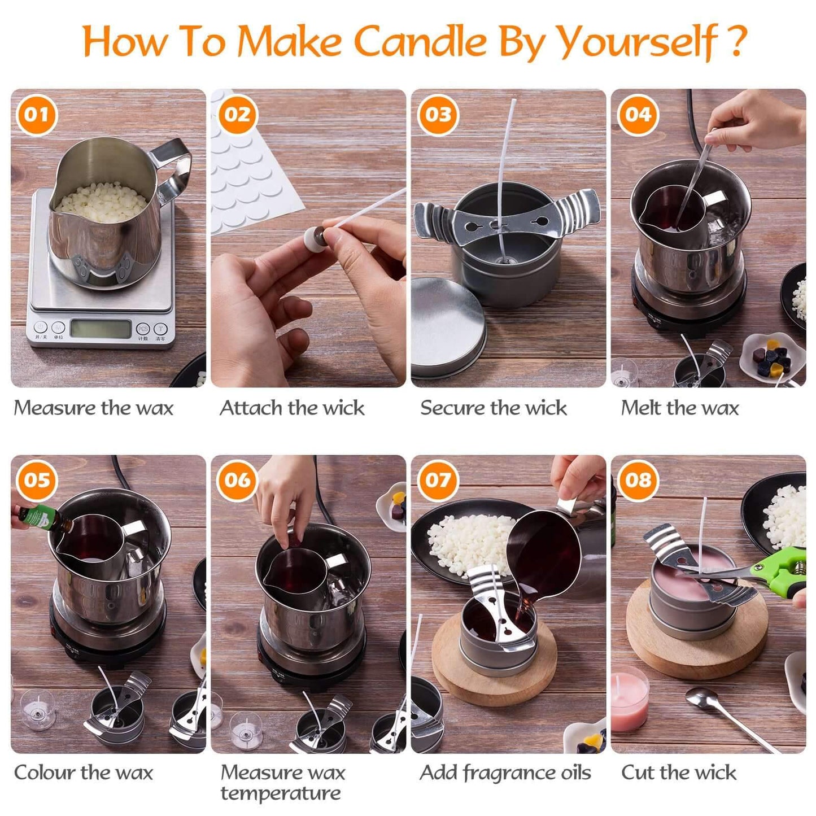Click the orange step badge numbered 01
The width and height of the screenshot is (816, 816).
(x=37, y=115)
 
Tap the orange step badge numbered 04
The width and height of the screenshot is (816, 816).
(x=638, y=115)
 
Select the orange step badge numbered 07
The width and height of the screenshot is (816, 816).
(x=438, y=481)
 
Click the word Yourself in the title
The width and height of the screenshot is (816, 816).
(x=636, y=42)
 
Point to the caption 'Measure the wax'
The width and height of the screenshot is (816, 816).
(x=94, y=408)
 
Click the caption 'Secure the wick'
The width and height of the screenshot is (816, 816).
(x=493, y=408)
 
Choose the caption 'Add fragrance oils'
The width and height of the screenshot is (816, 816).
(x=505, y=773)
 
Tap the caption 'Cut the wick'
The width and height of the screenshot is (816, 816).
(x=679, y=773)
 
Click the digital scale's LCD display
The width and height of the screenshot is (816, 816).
(x=100, y=329)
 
